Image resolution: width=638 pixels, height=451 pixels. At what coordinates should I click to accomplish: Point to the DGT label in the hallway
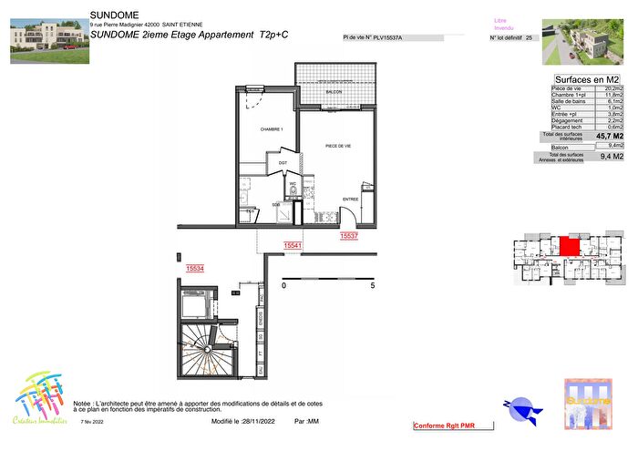[x=283, y=164]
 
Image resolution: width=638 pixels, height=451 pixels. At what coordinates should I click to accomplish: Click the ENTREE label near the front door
[x=350, y=199]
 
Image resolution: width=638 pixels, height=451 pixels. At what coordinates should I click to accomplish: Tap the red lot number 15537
[x=348, y=236]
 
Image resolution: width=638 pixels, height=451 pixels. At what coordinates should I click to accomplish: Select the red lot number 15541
[x=293, y=245]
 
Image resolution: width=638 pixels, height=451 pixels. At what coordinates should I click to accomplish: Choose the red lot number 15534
[x=194, y=269]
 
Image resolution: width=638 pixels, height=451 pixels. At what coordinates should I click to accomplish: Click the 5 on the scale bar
[x=372, y=285]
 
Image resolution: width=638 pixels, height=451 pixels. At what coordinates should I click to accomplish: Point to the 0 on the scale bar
[x=283, y=285]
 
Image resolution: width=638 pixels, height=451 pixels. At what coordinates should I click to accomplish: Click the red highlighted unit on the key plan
[x=570, y=245]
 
